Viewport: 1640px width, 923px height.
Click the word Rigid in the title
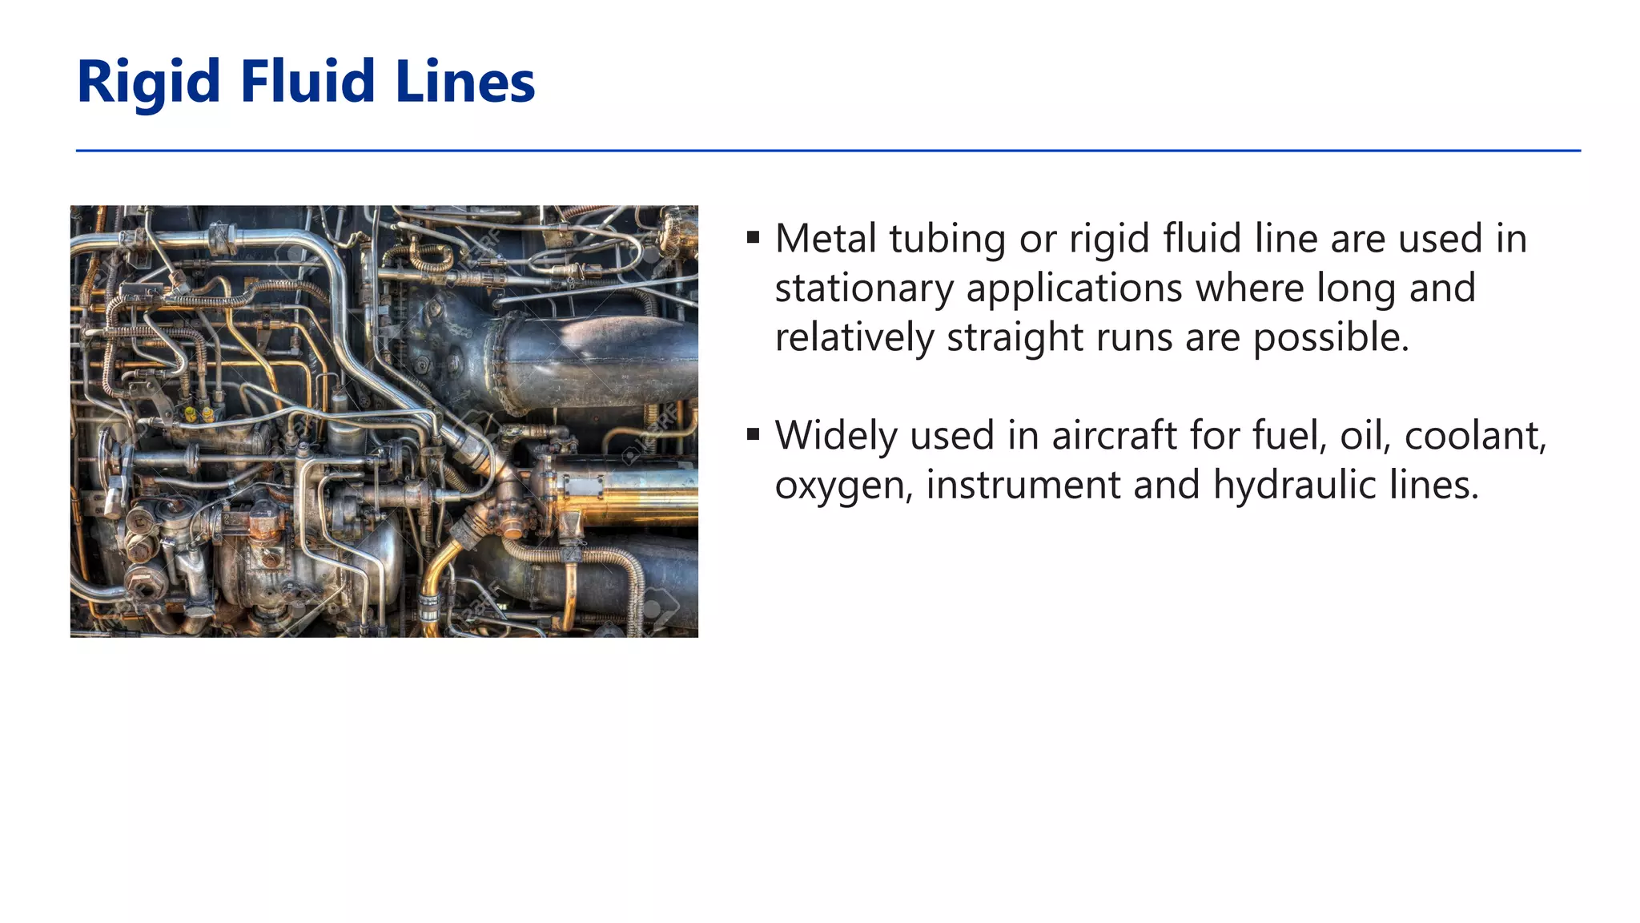(x=149, y=83)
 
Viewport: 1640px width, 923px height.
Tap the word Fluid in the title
(x=307, y=83)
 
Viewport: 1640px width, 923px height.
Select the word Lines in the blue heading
(x=465, y=83)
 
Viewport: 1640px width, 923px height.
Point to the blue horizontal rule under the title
(x=828, y=151)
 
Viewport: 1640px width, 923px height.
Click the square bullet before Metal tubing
(x=753, y=237)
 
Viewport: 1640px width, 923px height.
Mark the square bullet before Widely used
(x=753, y=434)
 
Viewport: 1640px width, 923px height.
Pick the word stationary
(x=864, y=288)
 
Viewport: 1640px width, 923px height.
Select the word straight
(x=1015, y=338)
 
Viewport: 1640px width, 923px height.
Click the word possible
(x=1330, y=338)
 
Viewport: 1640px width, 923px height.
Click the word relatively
(x=854, y=337)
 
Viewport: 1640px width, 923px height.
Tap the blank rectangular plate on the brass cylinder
(x=584, y=487)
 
